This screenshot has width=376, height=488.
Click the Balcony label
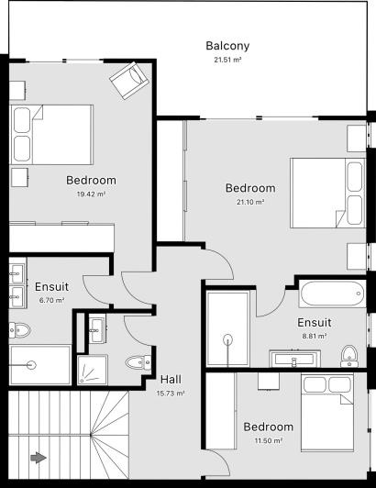point(227,45)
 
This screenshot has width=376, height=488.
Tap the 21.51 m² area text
point(227,60)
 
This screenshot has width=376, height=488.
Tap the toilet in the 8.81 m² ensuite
point(348,353)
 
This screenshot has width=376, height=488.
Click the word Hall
point(171,380)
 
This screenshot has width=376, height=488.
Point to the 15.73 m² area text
point(171,394)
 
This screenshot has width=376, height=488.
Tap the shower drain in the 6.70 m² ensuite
point(33,364)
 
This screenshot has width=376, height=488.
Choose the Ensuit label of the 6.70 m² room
point(51,286)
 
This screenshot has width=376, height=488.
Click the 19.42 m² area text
point(91,194)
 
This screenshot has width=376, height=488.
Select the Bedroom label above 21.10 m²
point(249,188)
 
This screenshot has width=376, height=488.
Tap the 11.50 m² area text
point(268,441)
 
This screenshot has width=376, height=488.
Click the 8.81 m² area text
point(314,337)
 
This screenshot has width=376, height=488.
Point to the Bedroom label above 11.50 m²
point(268,427)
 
